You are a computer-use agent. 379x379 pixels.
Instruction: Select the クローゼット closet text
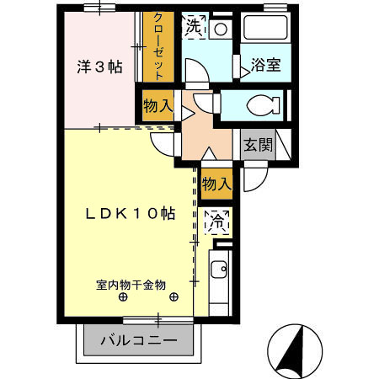point(157,45)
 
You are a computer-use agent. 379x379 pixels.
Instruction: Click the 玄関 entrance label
point(258,144)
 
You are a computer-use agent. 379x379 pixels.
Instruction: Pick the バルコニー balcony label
point(139,341)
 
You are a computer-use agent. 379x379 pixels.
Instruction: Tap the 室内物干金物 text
point(131,284)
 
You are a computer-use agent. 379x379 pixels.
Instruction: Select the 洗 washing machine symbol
point(194,26)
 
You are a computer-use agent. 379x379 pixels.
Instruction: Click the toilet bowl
point(264,107)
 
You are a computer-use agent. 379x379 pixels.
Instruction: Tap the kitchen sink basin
point(218,271)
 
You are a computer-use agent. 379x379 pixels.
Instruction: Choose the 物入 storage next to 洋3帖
point(157,106)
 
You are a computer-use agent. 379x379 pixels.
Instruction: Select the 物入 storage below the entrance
point(216,182)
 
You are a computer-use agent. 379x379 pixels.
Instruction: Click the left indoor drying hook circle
point(123,297)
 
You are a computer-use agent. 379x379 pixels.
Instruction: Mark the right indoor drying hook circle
point(174,297)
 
